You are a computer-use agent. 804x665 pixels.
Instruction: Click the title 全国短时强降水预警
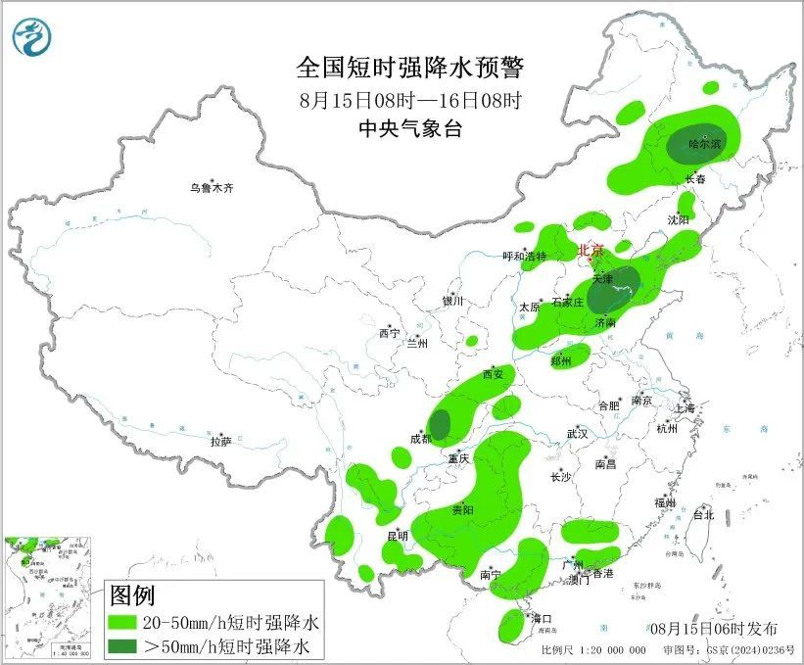click(x=410, y=68)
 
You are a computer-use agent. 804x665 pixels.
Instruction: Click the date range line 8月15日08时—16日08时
click(x=410, y=99)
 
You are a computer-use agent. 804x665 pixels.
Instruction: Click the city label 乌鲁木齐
click(x=213, y=187)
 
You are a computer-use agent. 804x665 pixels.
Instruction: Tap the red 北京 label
click(x=591, y=250)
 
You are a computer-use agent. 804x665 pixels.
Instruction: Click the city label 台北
click(x=703, y=514)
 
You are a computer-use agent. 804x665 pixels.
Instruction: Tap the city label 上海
click(x=683, y=407)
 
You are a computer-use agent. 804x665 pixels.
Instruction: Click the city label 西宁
click(x=389, y=333)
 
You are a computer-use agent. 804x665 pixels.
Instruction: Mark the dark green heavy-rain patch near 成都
click(x=441, y=424)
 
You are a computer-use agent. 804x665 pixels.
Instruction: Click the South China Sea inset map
click(x=49, y=596)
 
